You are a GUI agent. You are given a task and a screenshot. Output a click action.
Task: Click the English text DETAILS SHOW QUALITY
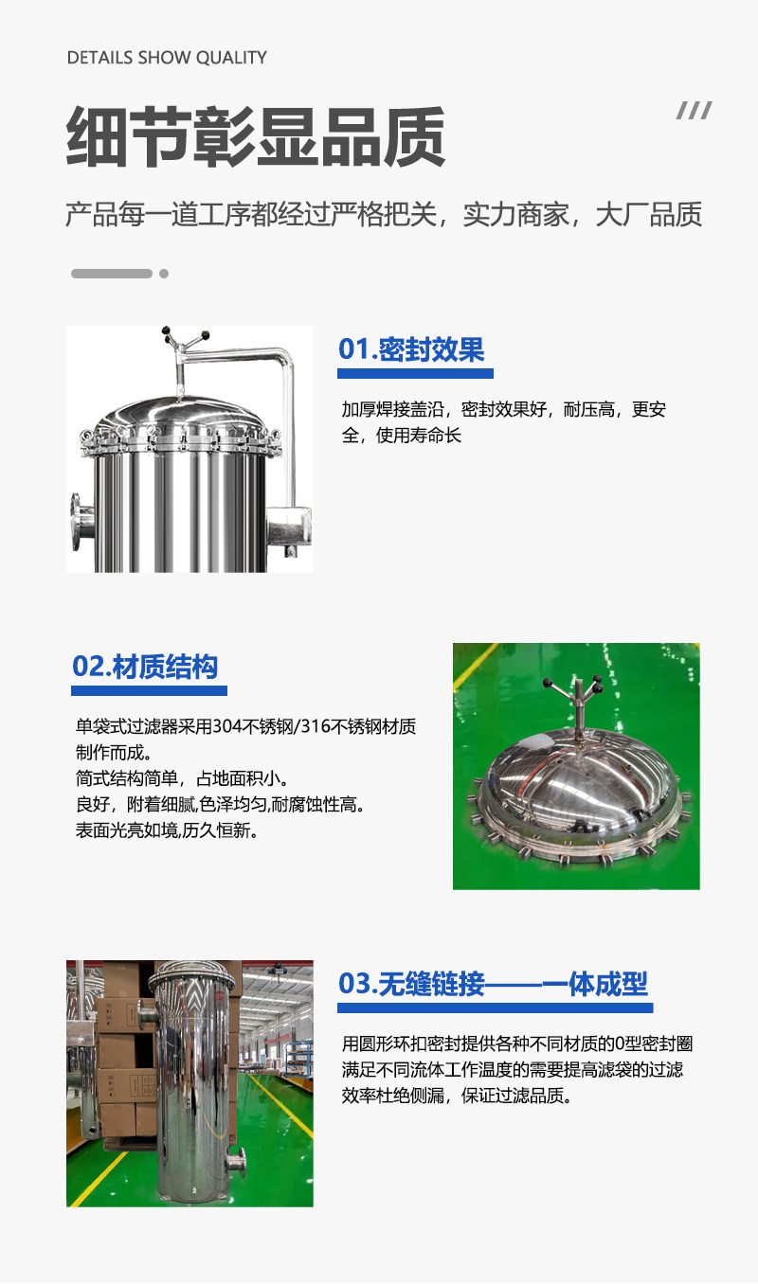(167, 58)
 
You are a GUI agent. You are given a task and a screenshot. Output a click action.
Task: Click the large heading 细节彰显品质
(256, 137)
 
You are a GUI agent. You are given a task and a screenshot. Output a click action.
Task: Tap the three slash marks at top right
(694, 112)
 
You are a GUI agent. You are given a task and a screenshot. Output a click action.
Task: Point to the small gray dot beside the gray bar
(164, 274)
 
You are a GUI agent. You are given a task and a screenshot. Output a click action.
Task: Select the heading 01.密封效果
(411, 349)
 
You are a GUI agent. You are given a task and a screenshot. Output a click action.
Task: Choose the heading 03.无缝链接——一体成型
(493, 984)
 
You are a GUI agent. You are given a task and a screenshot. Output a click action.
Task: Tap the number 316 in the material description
(307, 727)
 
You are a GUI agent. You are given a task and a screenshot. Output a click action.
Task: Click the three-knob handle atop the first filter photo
(186, 338)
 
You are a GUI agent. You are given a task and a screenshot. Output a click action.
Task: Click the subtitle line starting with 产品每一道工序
(384, 215)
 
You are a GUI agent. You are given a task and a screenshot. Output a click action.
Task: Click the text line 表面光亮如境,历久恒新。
(167, 831)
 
